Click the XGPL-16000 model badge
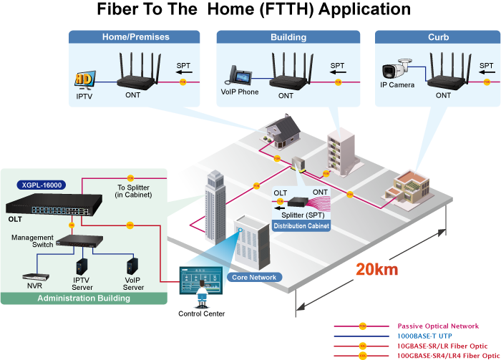coord(42,185)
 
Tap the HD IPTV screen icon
coord(84,79)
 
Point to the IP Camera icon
coord(397,69)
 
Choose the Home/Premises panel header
coord(135,37)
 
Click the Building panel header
coord(288,37)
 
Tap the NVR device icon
coord(36,277)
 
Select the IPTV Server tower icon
coord(82,266)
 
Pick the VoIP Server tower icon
coord(132,266)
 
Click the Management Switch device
coord(79,241)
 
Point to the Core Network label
coord(254,277)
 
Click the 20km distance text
coord(377,270)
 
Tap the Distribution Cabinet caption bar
coord(301,226)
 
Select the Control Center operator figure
coord(202,293)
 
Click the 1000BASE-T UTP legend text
coord(424,336)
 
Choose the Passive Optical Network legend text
coord(438,326)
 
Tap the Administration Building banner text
coord(84,298)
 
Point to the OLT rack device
coord(54,205)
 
